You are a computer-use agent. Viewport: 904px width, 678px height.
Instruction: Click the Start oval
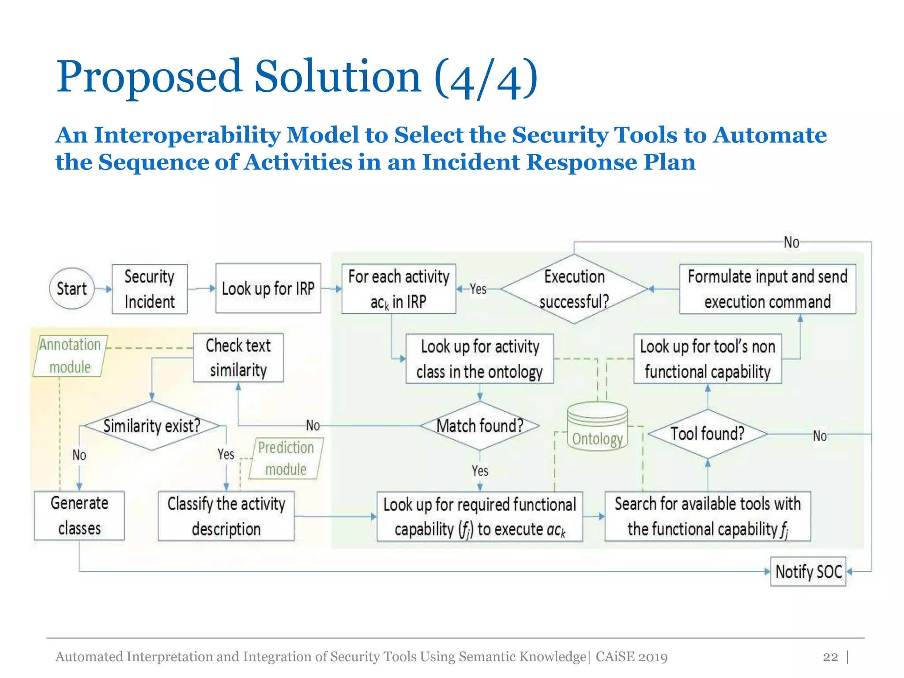pyautogui.click(x=72, y=289)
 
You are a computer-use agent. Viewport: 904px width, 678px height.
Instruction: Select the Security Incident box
pyautogui.click(x=149, y=289)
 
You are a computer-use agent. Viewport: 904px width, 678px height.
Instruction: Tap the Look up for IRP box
pyautogui.click(x=268, y=289)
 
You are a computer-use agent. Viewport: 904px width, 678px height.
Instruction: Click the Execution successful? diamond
pyautogui.click(x=574, y=289)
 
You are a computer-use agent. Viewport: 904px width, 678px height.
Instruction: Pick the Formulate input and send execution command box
pyautogui.click(x=767, y=289)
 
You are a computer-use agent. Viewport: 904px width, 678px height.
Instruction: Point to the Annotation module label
pyautogui.click(x=70, y=356)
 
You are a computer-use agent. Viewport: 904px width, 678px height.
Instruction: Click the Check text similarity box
pyautogui.click(x=238, y=358)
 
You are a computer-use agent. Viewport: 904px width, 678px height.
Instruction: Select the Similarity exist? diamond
pyautogui.click(x=151, y=426)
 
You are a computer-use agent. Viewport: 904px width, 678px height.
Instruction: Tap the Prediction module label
pyautogui.click(x=286, y=458)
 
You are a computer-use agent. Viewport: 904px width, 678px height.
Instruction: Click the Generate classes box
pyautogui.click(x=79, y=516)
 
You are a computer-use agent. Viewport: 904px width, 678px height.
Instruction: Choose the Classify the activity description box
pyautogui.click(x=226, y=516)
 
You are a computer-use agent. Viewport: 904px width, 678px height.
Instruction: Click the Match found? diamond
pyautogui.click(x=480, y=426)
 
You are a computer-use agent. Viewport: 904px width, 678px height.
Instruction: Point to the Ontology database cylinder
pyautogui.click(x=597, y=427)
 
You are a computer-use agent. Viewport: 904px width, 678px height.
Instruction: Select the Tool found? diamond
pyautogui.click(x=708, y=434)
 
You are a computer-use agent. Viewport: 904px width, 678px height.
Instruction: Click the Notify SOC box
pyautogui.click(x=808, y=572)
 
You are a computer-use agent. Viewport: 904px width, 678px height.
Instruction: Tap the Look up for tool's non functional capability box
pyautogui.click(x=708, y=359)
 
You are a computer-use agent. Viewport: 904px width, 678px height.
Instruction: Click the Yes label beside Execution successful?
pyautogui.click(x=478, y=289)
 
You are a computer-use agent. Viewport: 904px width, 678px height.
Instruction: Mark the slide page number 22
pyautogui.click(x=830, y=657)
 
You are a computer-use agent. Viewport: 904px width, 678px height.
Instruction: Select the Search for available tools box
pyautogui.click(x=708, y=516)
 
